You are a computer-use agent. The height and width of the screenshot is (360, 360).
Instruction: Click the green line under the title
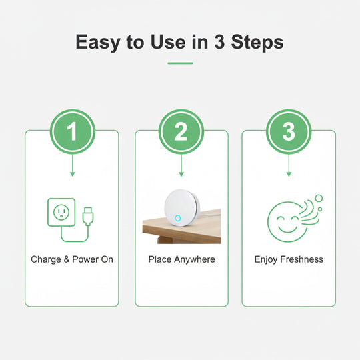[180, 63]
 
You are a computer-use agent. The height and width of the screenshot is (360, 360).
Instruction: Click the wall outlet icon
[61, 211]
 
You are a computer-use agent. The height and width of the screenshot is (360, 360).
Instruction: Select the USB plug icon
[89, 216]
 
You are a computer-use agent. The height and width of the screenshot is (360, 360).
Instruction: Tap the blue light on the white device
[177, 217]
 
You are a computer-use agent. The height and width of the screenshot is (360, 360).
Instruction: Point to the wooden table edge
[160, 231]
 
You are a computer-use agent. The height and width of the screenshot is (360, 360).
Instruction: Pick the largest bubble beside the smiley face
[318, 197]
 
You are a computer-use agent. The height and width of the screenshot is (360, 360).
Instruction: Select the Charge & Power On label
[72, 259]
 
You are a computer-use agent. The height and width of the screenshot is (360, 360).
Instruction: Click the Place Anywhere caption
[181, 259]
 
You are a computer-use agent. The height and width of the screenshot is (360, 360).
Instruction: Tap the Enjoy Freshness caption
[289, 259]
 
